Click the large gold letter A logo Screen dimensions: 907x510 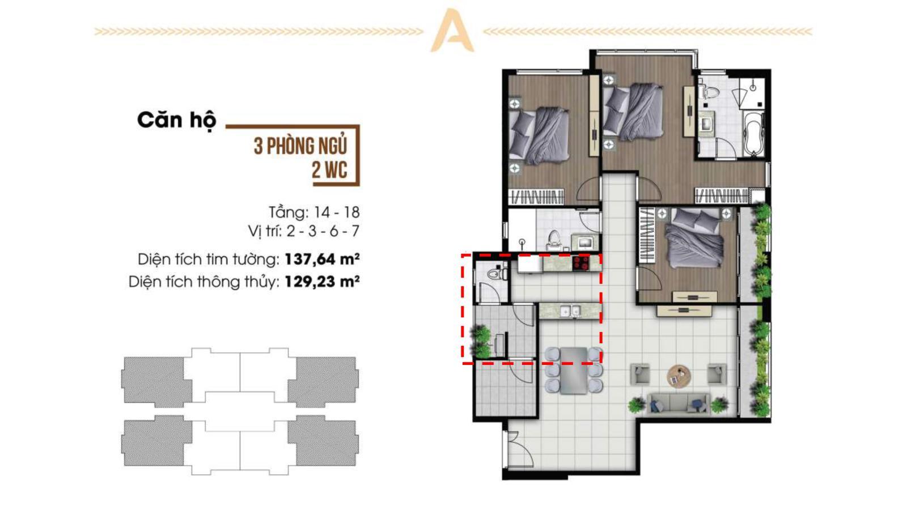click(452, 31)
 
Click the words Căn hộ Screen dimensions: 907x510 click(177, 120)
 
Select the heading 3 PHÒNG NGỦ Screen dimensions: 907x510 click(300, 147)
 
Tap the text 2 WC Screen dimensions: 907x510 click(329, 170)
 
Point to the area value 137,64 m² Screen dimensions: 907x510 click(322, 259)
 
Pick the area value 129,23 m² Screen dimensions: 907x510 click(322, 281)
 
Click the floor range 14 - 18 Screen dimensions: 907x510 click(337, 212)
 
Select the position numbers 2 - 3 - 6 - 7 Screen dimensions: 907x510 click(323, 231)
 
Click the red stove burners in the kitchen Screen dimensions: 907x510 click(581, 263)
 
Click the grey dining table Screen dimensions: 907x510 click(573, 371)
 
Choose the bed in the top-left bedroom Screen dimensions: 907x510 click(539, 135)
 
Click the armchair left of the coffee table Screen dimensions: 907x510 click(640, 374)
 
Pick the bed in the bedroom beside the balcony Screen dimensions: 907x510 click(694, 239)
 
